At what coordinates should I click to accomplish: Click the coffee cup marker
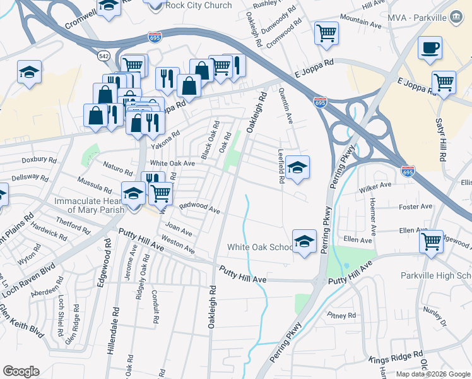click(x=430, y=47)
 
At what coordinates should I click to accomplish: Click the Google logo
click(x=21, y=371)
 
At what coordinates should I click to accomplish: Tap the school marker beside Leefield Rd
click(x=297, y=167)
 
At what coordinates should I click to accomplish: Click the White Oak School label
click(x=261, y=247)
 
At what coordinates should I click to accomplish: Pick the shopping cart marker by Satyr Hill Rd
click(x=444, y=81)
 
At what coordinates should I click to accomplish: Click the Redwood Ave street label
click(x=199, y=207)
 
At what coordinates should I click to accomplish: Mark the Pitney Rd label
click(x=341, y=315)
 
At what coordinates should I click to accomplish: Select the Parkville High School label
click(x=436, y=275)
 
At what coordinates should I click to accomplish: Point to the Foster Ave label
click(x=416, y=207)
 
